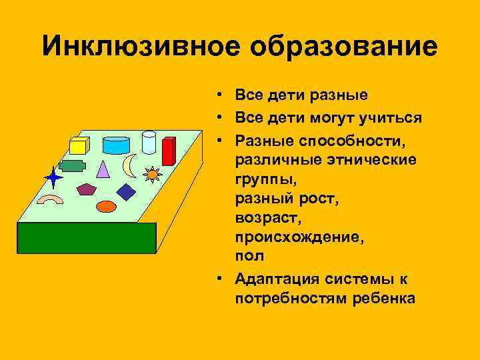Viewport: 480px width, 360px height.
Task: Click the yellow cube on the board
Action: coord(79,146)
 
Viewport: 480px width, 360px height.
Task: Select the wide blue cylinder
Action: coord(116,145)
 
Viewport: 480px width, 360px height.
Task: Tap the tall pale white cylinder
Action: coord(149,141)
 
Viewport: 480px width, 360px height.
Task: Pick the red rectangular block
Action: coord(169,151)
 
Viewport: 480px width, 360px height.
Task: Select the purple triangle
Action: coord(102,168)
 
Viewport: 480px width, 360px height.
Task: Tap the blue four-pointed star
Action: coord(53,177)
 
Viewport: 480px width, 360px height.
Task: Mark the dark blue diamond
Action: coord(125,192)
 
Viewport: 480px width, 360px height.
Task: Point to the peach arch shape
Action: coord(49,199)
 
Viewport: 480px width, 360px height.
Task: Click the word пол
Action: coord(249,255)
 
